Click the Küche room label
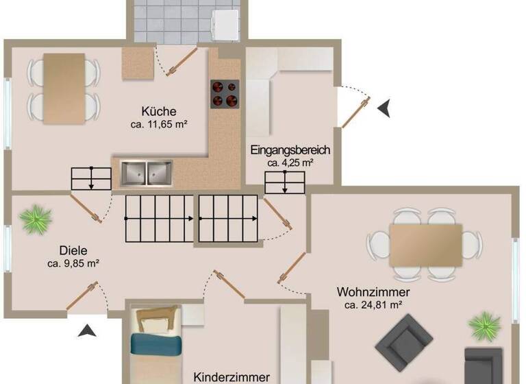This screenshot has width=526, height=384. pos(159,111)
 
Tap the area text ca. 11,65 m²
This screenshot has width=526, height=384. pos(159,125)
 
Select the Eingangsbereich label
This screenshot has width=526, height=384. pos(290,150)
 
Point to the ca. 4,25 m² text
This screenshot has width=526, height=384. pos(290,163)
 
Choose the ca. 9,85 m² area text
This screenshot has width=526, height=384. pos(74,263)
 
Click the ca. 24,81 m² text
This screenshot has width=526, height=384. pos(373,305)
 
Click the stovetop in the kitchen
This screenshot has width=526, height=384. pos(225,93)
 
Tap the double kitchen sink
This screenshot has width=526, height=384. pos(147,173)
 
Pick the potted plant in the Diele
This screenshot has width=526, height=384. pos(35,219)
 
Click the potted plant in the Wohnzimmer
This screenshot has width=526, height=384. pos(486,324)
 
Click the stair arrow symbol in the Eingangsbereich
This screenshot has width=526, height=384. pos(284,182)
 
